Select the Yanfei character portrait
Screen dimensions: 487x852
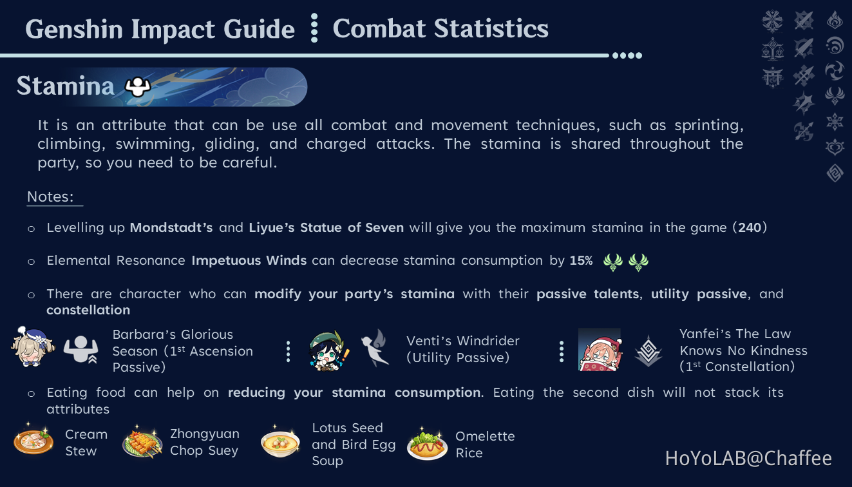pos(600,349)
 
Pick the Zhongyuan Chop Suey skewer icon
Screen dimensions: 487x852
pos(142,443)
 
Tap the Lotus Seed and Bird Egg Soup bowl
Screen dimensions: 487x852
pos(280,443)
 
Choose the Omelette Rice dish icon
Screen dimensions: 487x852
pos(427,443)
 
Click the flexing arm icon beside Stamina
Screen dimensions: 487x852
pos(137,86)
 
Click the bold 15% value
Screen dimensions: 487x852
pos(581,260)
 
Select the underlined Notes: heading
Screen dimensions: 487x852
pos(51,197)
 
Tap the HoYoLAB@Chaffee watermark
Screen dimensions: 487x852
pos(748,458)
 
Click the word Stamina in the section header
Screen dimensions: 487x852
pos(65,86)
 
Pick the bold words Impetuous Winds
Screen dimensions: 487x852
pos(249,260)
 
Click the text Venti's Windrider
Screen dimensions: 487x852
pos(462,341)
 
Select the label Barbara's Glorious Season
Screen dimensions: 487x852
pos(173,343)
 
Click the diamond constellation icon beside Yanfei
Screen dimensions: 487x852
pos(648,351)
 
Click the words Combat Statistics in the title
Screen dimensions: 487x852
pos(440,28)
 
